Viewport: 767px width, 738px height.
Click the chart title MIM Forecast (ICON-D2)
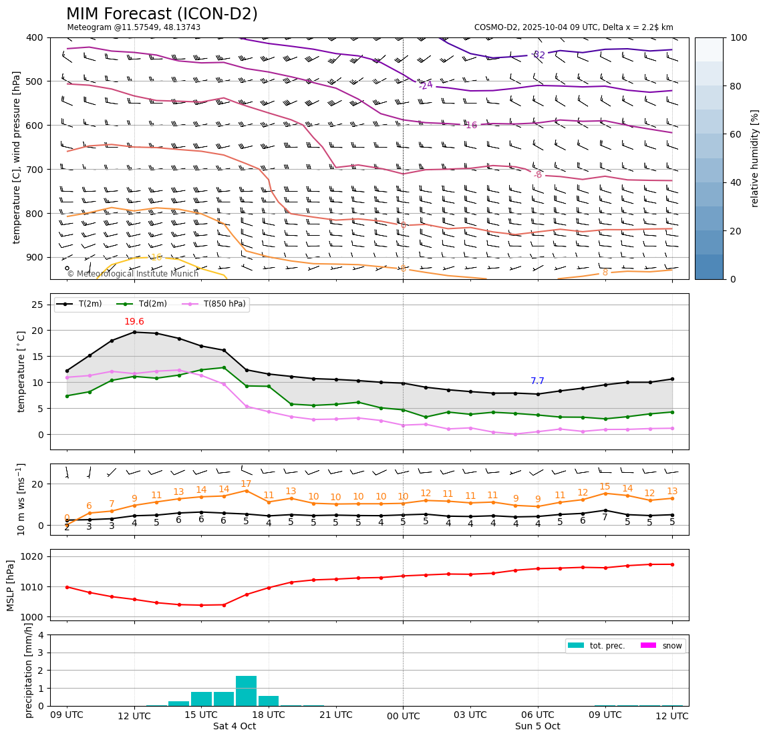(162, 14)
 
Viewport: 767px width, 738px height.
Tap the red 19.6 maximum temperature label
(134, 322)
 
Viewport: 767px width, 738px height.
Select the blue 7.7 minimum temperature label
(537, 381)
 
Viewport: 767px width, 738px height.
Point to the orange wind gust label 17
(246, 484)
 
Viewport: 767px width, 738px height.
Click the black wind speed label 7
(605, 517)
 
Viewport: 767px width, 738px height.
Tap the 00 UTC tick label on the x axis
(403, 715)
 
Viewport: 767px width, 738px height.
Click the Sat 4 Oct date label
(235, 727)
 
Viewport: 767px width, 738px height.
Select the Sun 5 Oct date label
(537, 727)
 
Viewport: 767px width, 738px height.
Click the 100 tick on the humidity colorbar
(739, 37)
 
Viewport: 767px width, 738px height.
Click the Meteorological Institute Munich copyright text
(132, 274)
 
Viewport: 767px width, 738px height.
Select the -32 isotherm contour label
(538, 55)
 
